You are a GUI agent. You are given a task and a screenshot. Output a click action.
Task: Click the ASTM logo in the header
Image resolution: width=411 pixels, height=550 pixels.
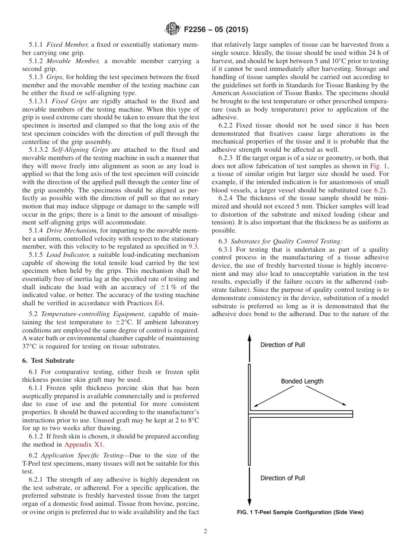coord(173,29)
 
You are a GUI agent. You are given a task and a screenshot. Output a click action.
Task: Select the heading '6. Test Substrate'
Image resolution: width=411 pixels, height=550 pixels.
coord(48,360)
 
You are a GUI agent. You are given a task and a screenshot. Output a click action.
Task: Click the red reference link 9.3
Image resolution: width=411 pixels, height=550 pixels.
coord(193,246)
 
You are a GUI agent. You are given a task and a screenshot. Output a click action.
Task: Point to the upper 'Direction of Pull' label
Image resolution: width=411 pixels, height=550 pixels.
coord(283,345)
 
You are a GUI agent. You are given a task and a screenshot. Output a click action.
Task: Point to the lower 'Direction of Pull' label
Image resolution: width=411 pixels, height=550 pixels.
coord(283,478)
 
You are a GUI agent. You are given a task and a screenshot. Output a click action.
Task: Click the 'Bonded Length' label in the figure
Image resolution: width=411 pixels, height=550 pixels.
coord(302,381)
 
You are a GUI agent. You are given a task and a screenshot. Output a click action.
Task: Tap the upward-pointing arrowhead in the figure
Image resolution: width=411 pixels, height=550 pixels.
coord(249,338)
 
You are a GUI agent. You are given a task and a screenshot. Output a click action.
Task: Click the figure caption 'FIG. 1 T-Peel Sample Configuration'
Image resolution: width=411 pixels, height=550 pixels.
coord(300,512)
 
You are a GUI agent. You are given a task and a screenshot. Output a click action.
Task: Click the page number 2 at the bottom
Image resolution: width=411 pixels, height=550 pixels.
coord(205,531)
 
